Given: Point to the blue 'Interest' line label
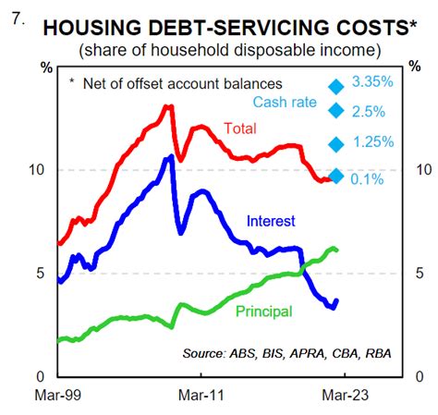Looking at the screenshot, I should (271, 221).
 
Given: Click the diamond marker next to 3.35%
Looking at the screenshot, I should (336, 86).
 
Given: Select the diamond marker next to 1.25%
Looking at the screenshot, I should (336, 143).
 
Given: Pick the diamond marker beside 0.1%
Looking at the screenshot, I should (336, 177).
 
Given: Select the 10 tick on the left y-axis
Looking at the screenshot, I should (37, 170).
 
